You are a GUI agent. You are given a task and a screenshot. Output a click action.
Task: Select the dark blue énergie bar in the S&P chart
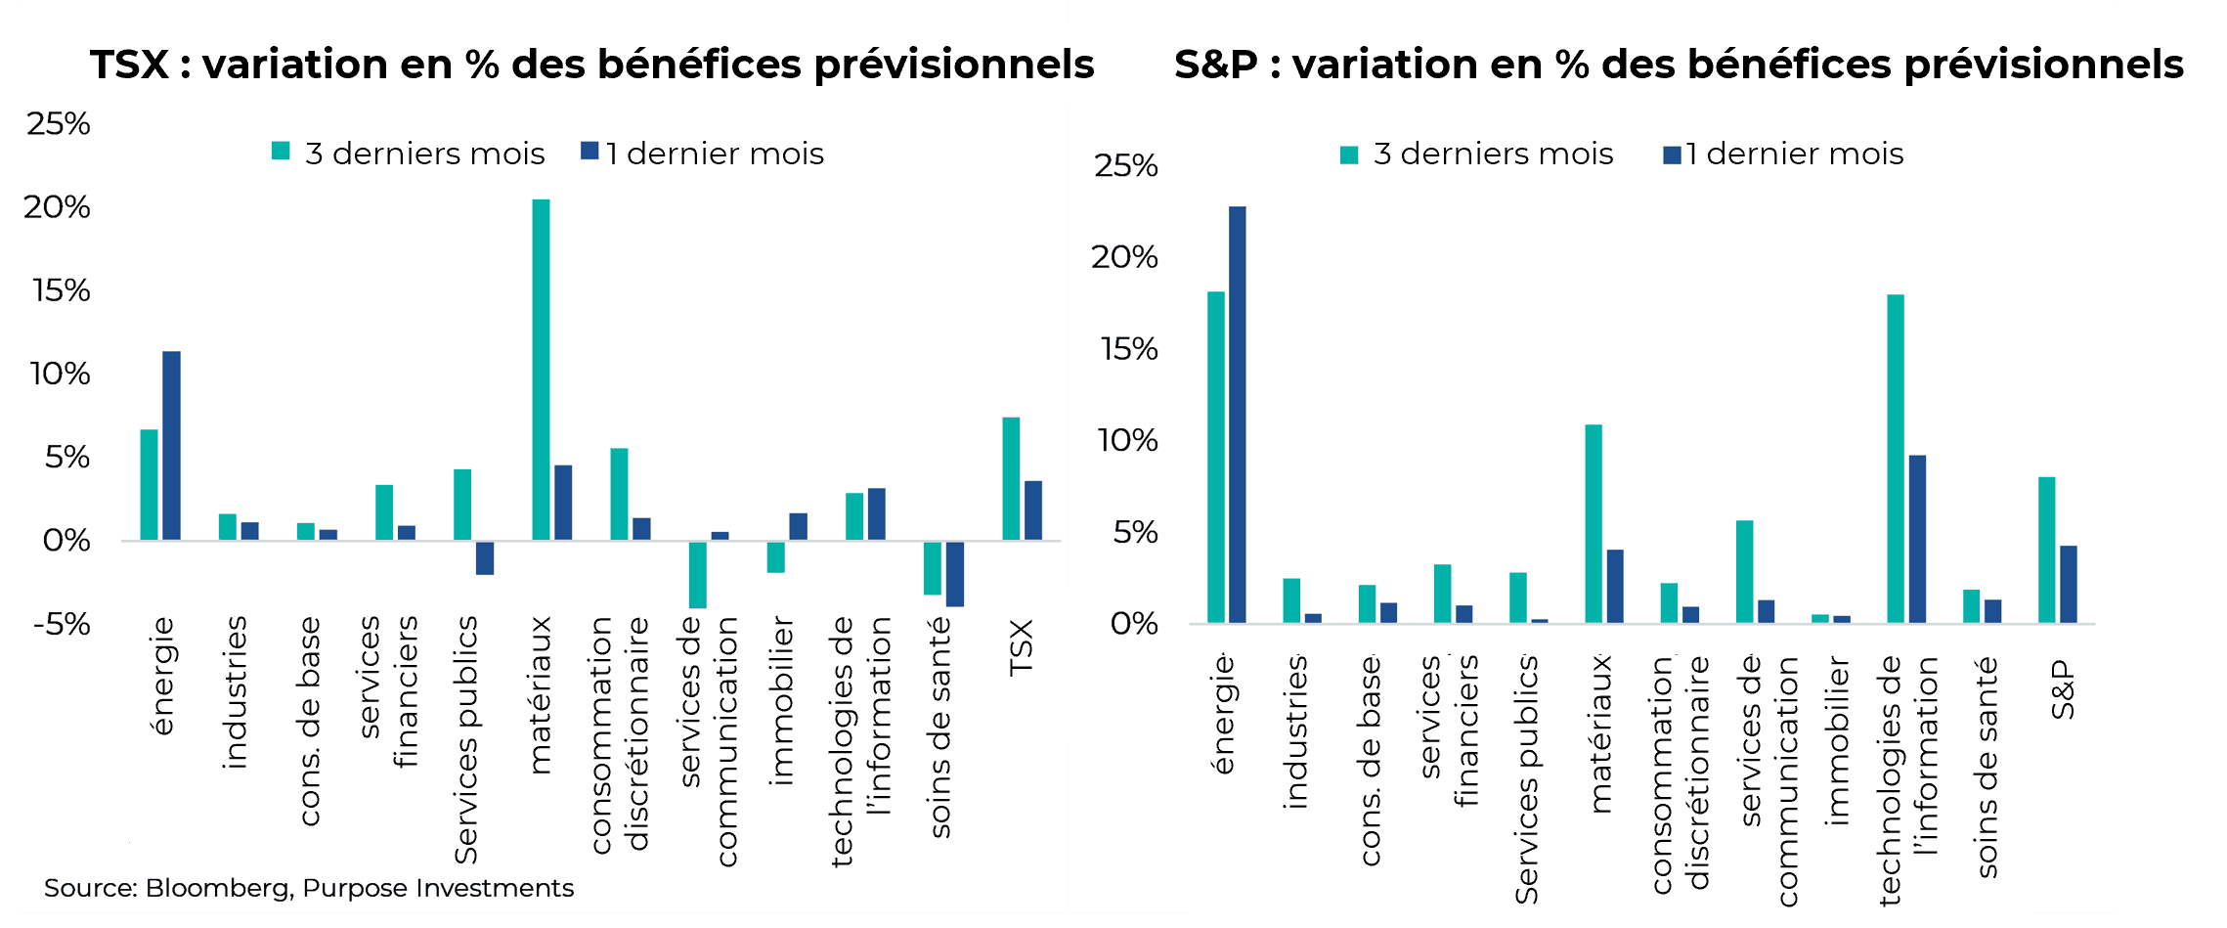1237,415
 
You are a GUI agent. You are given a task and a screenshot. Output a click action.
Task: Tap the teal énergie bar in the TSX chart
149,485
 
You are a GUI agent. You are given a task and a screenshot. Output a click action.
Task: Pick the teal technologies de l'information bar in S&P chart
1895,459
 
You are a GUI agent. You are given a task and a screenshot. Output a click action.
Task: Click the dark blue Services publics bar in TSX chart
485,557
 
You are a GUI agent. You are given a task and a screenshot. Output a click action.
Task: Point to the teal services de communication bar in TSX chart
697,574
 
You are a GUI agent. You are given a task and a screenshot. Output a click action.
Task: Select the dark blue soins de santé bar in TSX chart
955,573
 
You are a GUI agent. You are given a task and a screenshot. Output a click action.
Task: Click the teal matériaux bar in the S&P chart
1593,523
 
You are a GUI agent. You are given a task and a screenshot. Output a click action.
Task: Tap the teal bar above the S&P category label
2046,550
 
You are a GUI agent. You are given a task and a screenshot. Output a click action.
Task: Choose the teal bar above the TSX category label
1011,478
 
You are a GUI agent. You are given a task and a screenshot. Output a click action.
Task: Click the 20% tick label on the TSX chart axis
57,206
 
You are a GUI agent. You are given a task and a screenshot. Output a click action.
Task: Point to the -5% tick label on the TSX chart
61,624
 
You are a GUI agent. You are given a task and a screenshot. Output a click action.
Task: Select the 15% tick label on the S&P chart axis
1129,349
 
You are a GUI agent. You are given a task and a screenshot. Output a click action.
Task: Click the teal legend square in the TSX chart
281,151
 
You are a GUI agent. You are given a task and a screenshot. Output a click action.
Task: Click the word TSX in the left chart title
129,65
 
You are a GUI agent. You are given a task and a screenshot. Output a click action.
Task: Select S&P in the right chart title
1215,65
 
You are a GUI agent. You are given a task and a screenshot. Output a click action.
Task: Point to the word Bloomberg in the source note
218,888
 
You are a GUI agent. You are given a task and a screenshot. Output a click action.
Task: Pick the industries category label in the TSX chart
235,691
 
